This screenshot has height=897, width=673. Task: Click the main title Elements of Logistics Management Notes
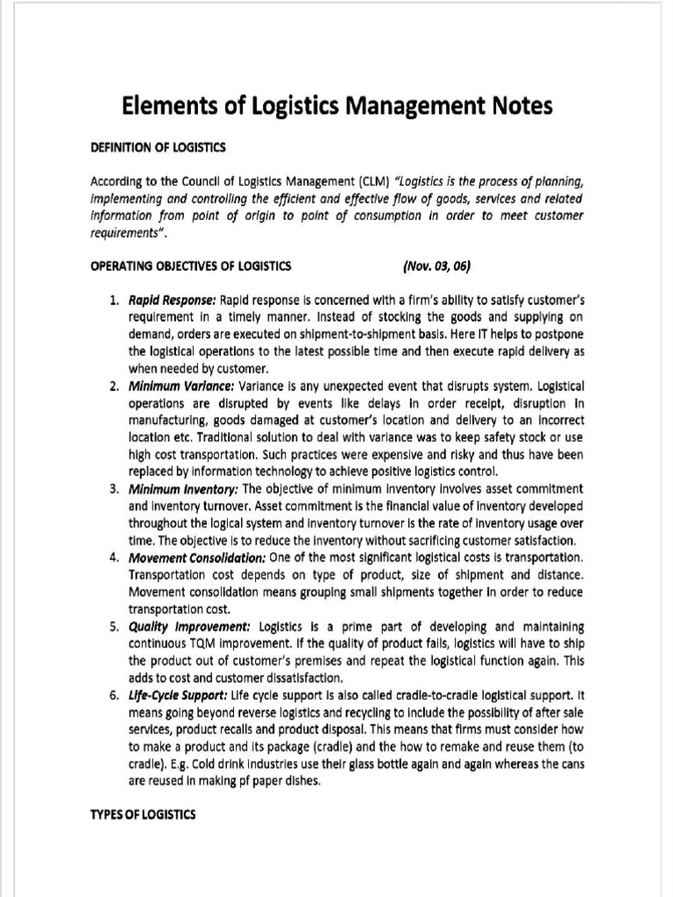pos(336,107)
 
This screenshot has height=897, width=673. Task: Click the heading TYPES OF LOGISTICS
pos(144,814)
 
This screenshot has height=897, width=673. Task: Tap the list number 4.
pos(115,557)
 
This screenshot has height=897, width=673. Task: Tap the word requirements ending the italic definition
pos(125,234)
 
